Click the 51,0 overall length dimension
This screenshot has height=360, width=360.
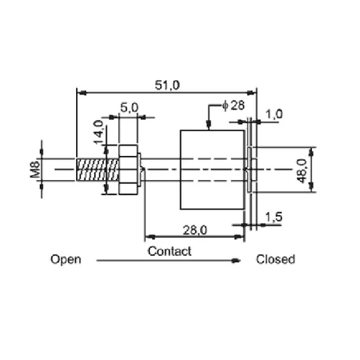click(x=167, y=85)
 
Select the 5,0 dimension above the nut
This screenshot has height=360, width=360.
click(x=130, y=108)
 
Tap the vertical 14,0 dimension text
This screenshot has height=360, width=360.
click(x=98, y=132)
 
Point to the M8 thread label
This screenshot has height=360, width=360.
click(x=35, y=170)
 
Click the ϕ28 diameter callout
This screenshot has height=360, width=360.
click(x=234, y=106)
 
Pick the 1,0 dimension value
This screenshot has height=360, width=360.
click(x=274, y=114)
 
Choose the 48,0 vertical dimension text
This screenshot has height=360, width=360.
click(x=302, y=171)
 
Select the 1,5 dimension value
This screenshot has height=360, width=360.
click(x=274, y=217)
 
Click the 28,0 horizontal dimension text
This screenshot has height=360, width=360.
click(x=195, y=230)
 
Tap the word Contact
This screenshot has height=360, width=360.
click(x=170, y=251)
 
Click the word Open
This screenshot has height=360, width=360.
click(x=66, y=259)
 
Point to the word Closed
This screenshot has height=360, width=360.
click(x=275, y=259)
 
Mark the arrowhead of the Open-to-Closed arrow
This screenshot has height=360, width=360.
click(x=236, y=261)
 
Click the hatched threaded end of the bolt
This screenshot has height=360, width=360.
click(x=98, y=170)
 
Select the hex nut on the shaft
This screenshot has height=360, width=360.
click(x=128, y=170)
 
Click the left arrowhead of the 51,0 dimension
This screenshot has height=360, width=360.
click(x=82, y=93)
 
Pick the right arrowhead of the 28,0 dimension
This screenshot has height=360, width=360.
click(x=239, y=237)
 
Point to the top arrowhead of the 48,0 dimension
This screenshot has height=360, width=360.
click(x=311, y=151)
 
